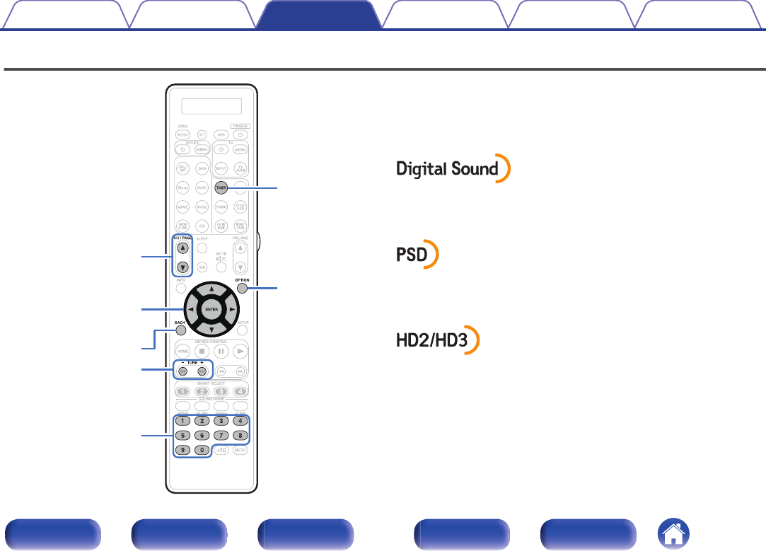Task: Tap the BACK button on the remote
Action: pyautogui.click(x=180, y=329)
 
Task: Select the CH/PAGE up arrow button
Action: pyautogui.click(x=183, y=248)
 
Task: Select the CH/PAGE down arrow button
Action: pyautogui.click(x=183, y=268)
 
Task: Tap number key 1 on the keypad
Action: pyautogui.click(x=182, y=421)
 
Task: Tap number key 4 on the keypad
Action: pyautogui.click(x=240, y=421)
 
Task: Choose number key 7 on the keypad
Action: pyautogui.click(x=221, y=435)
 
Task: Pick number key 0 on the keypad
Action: pyautogui.click(x=202, y=450)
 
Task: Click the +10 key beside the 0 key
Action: pyautogui.click(x=221, y=451)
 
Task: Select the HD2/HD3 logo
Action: pyautogui.click(x=437, y=340)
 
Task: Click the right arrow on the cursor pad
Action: pyautogui.click(x=232, y=310)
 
